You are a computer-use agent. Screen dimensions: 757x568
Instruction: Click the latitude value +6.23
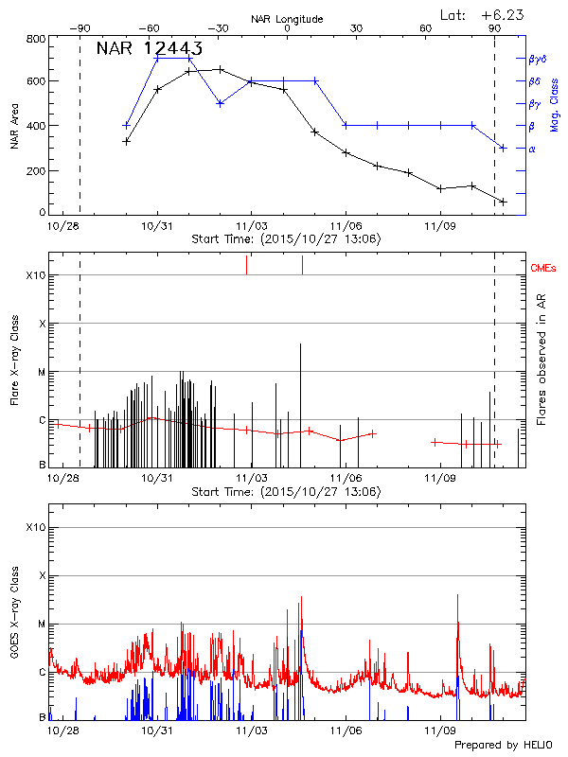click(x=518, y=15)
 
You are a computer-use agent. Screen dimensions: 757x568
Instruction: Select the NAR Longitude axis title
click(x=287, y=19)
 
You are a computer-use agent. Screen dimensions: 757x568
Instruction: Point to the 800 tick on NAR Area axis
click(x=37, y=40)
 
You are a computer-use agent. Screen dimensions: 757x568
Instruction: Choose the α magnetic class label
click(x=532, y=149)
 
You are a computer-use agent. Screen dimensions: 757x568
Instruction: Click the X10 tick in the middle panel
click(x=36, y=275)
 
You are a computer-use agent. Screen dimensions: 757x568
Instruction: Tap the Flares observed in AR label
click(x=541, y=360)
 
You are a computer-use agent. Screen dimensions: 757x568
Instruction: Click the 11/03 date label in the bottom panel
click(x=251, y=731)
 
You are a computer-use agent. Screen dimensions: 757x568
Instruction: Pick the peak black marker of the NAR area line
click(x=221, y=69)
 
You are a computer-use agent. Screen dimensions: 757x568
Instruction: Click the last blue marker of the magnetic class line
click(x=503, y=148)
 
